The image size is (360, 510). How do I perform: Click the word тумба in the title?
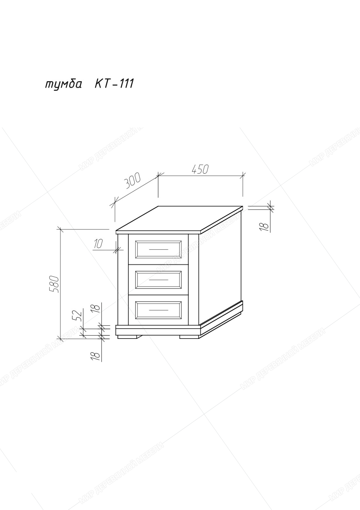tap(63, 84)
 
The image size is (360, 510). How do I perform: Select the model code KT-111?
tap(114, 84)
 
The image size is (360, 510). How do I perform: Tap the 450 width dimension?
tap(200, 169)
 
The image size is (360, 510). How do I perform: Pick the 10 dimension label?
tap(98, 244)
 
